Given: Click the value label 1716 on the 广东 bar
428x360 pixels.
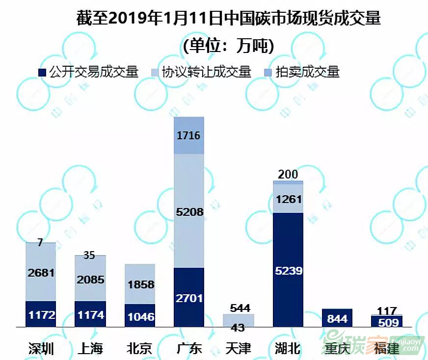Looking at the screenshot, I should click(189, 135).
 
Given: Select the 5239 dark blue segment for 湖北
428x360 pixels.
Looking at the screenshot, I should click(288, 270).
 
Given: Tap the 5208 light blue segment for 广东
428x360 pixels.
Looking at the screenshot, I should click(189, 211).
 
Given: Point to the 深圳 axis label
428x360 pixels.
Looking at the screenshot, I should click(41, 348).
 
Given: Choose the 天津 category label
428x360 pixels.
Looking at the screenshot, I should click(238, 348).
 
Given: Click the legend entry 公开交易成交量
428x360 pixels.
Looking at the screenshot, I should click(88, 72).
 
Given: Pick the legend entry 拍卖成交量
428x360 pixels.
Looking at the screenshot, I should click(301, 72).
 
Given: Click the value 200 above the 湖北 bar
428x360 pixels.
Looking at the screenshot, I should click(288, 174).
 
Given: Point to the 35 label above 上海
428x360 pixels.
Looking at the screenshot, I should click(89, 255).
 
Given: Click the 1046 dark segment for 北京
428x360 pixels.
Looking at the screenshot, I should click(140, 316).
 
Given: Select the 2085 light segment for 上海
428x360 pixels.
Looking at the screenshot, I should click(90, 280).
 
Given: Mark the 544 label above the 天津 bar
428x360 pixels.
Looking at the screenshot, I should click(239, 308).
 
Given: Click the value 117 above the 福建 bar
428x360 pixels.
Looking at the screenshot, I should click(387, 310).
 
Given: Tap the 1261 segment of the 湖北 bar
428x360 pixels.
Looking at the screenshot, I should click(288, 199).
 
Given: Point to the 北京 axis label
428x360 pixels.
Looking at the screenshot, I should click(139, 348).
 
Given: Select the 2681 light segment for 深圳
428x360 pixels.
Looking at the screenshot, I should click(41, 273).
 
